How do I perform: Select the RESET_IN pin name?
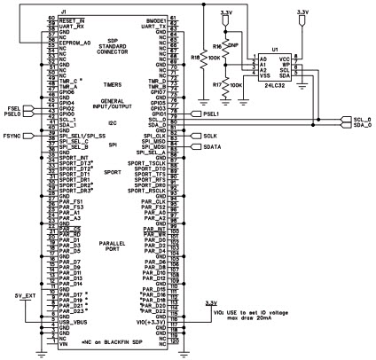73,19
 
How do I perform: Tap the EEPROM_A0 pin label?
75,30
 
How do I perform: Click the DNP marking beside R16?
233,43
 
